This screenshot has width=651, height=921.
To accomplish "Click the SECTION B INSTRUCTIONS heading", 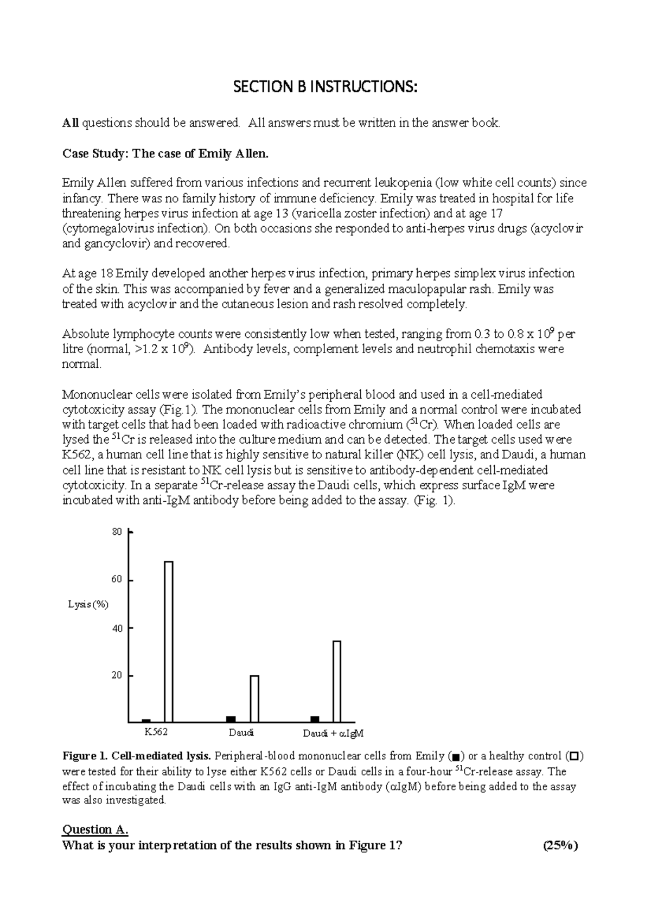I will pyautogui.click(x=325, y=87).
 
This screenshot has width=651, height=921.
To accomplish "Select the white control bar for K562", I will pyautogui.click(x=169, y=641).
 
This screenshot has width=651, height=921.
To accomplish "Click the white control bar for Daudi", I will pyautogui.click(x=254, y=699).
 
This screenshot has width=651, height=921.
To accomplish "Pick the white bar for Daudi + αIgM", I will pyautogui.click(x=337, y=681).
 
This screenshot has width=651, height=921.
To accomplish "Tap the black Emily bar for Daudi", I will pyautogui.click(x=231, y=719).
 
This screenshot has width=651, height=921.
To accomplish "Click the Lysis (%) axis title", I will pyautogui.click(x=88, y=605).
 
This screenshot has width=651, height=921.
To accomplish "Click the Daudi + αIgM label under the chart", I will pyautogui.click(x=333, y=734).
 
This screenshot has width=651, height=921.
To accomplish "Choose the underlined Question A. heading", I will pyautogui.click(x=95, y=829).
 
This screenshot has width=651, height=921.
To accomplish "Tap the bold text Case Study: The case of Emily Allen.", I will pyautogui.click(x=165, y=153).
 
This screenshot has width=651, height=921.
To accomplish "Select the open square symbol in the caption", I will pyautogui.click(x=574, y=756).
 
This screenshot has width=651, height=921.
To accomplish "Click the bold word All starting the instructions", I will pyautogui.click(x=71, y=123).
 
